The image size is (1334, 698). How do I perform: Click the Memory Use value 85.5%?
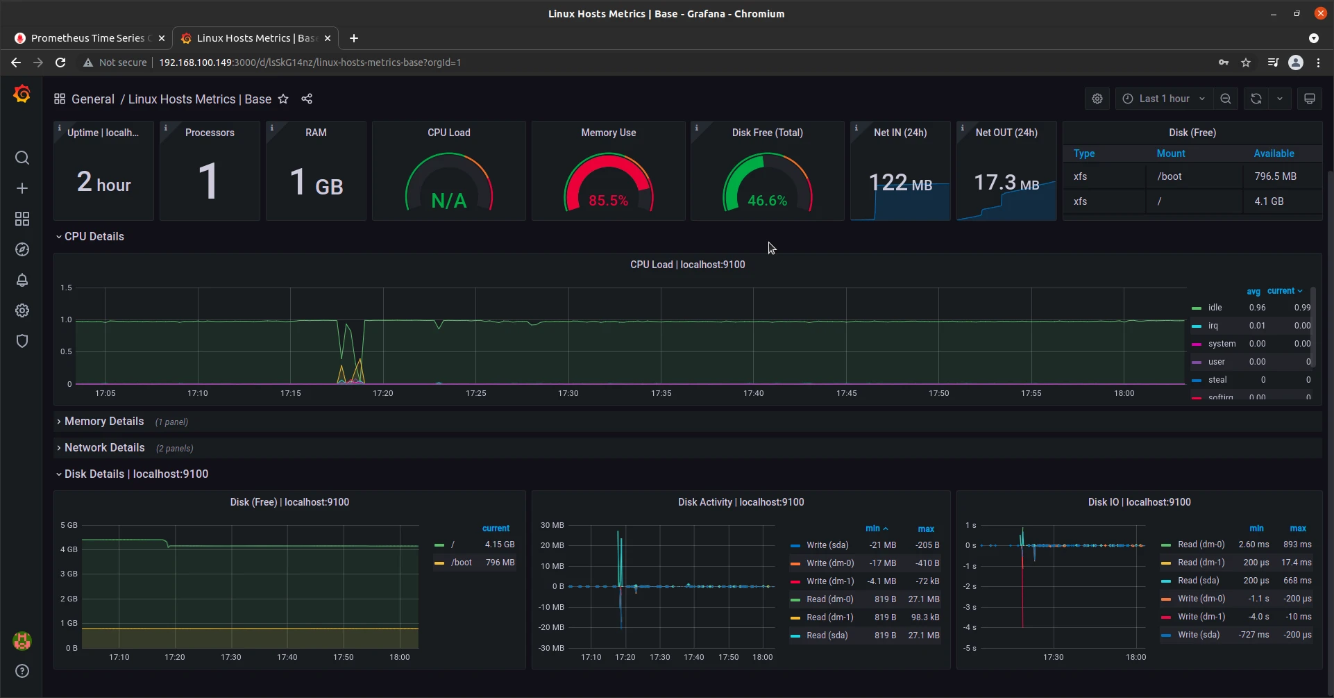608,201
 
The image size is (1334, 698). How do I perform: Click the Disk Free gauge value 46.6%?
767,201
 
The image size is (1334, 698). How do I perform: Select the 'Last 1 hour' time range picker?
1164,99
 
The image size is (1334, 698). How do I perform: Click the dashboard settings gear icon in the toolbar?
1097,99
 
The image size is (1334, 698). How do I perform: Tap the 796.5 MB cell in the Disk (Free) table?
1275,176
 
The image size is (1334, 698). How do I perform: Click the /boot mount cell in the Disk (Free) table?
1170,176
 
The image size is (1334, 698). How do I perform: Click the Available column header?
1274,153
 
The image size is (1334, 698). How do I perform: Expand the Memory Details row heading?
104,422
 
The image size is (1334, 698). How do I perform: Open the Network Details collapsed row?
104,448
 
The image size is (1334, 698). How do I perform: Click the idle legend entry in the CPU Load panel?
1215,308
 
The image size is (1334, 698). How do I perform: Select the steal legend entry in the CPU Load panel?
1217,380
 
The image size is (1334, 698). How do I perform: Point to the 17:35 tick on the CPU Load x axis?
661,393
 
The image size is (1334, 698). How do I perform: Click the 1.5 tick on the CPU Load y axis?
66,288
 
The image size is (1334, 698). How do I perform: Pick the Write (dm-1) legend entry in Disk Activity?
829,581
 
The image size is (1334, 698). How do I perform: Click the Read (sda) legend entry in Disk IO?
1198,581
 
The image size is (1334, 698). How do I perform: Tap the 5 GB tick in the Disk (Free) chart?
69,525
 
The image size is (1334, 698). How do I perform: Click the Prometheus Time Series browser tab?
87,38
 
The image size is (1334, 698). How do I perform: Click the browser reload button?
60,63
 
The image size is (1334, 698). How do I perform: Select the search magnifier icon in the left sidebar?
22,158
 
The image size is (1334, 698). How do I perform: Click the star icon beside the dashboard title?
283,99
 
